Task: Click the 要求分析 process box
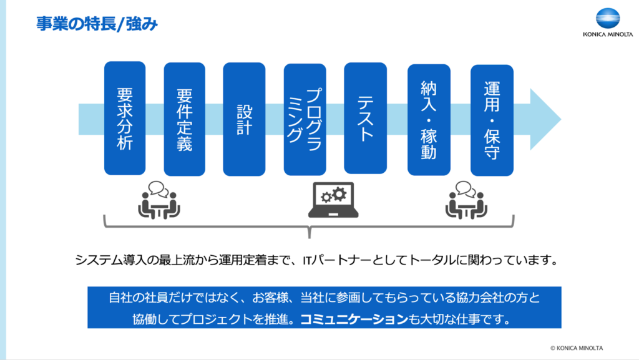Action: click(125, 118)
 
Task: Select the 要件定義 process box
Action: click(184, 119)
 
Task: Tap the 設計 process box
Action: click(244, 119)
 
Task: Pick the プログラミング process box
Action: click(305, 119)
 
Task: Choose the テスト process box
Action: click(365, 118)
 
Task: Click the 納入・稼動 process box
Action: click(429, 120)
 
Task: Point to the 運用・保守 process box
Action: click(492, 120)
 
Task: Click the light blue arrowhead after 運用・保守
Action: click(545, 119)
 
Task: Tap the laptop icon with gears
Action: click(333, 200)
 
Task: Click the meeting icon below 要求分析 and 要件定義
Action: click(159, 200)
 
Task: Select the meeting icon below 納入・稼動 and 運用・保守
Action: click(466, 200)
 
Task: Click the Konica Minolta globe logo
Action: click(608, 18)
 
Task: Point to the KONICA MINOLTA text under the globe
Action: click(608, 34)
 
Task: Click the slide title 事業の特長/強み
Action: click(97, 24)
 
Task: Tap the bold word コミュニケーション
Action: click(354, 319)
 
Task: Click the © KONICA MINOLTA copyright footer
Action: click(576, 348)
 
